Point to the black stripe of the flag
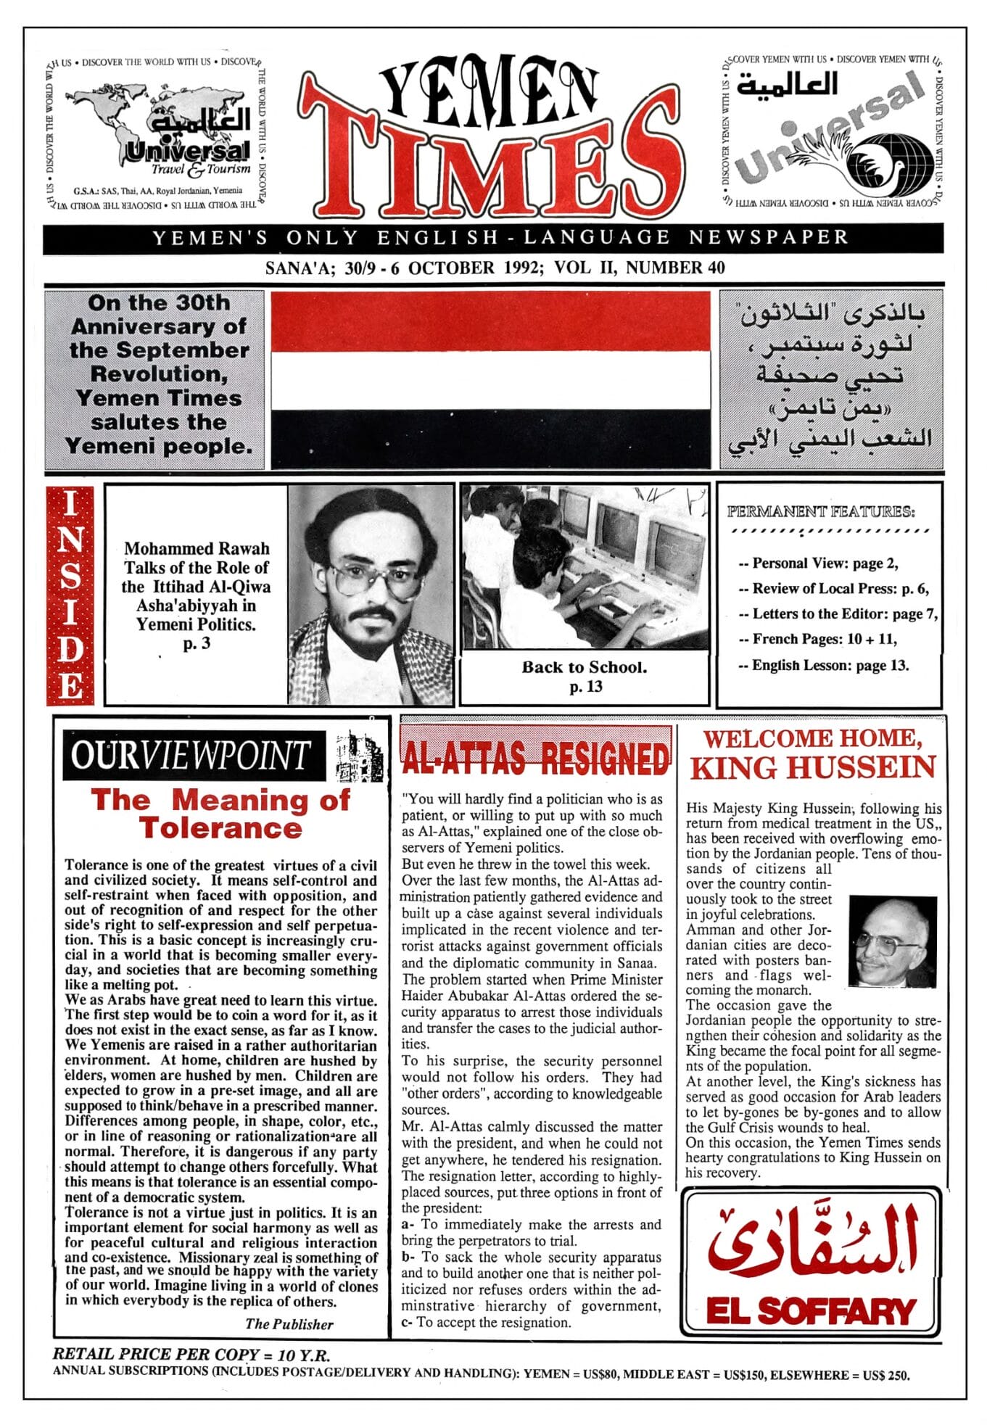[x=490, y=438]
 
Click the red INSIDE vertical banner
[x=70, y=595]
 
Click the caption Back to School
[x=584, y=667]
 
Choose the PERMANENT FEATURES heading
[x=820, y=511]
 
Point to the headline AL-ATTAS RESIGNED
[x=535, y=759]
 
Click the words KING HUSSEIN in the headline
[x=812, y=768]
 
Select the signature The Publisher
[x=289, y=1323]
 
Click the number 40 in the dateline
[x=715, y=268]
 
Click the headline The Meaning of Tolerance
[x=220, y=814]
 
